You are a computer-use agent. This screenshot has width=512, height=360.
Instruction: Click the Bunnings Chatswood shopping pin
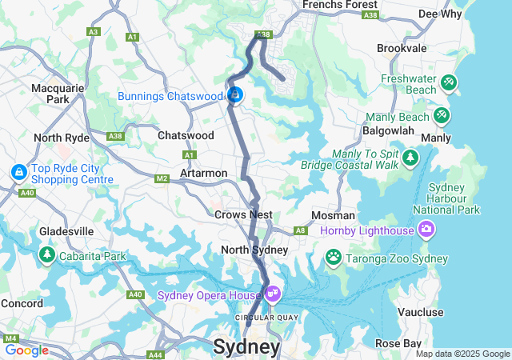coord(234,95)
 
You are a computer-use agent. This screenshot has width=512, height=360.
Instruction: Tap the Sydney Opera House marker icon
coord(273,294)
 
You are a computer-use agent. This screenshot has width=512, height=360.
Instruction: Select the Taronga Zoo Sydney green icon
coord(333,258)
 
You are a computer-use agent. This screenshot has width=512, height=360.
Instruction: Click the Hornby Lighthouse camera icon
coord(426,230)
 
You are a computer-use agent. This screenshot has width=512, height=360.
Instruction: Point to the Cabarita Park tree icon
coord(46,255)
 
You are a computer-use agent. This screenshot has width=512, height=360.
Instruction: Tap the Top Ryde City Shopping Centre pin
coord(18,172)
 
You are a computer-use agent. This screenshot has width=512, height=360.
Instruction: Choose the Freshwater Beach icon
coord(449,82)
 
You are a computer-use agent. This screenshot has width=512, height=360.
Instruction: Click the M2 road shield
coord(162,178)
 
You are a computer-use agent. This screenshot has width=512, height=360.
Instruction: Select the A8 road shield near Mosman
coord(301,230)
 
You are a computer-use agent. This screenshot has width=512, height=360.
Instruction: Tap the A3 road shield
coord(94,32)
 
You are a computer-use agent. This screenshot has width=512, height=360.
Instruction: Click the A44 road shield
coord(155,354)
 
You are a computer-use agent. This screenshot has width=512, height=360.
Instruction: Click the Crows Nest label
coord(243,214)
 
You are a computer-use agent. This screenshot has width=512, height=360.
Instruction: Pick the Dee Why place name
coord(439,14)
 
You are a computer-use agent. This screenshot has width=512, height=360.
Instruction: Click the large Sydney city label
coord(246,347)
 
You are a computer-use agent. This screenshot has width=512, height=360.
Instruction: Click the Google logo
coord(26,350)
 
